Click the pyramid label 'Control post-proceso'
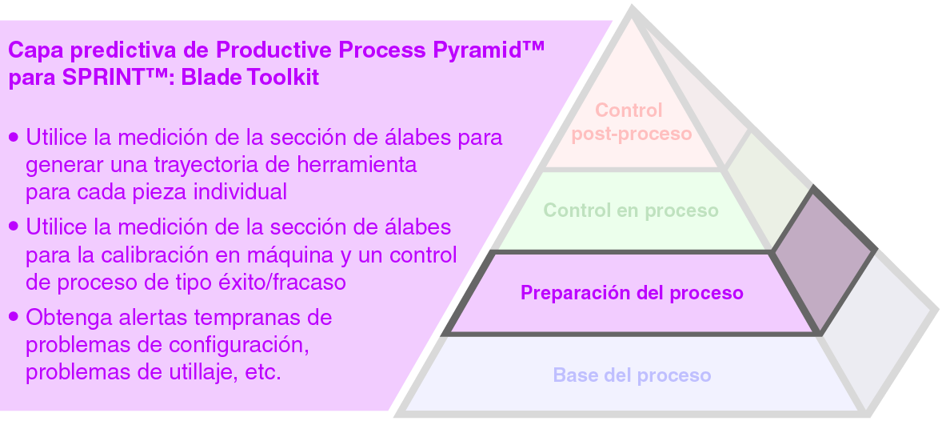click(x=631, y=122)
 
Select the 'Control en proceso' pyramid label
click(x=631, y=210)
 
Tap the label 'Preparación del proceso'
click(x=632, y=293)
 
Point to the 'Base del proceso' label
click(x=632, y=375)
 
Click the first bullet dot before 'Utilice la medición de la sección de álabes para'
click(x=14, y=138)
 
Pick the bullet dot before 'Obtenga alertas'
click(x=14, y=318)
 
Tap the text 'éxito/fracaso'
click(x=286, y=283)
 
